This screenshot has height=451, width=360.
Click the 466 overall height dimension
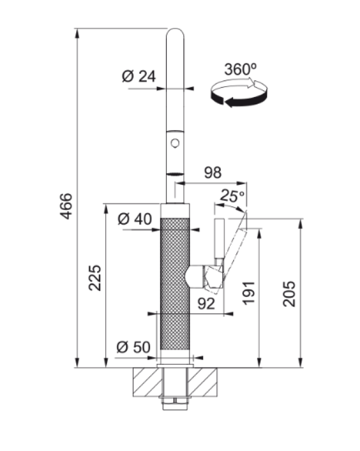67,206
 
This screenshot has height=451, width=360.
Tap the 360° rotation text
240,70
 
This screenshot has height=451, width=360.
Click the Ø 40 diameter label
135,219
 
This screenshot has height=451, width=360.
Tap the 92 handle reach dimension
207,304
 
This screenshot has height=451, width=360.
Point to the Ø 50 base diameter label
133,347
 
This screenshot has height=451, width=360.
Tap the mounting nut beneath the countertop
175,401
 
